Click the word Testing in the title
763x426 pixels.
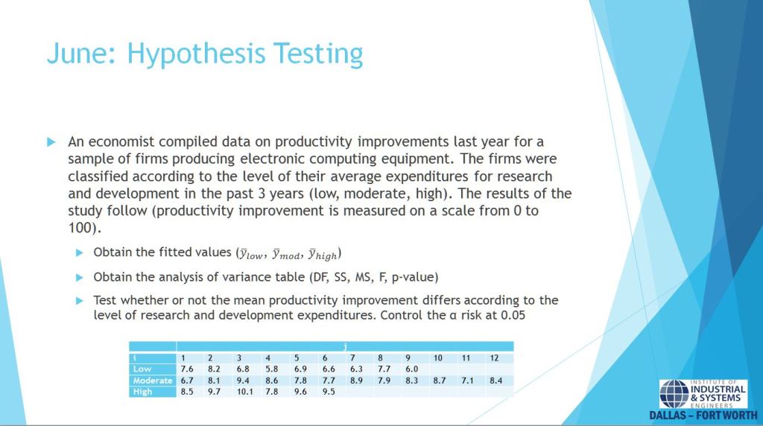click(317, 54)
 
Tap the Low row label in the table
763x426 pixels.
click(142, 369)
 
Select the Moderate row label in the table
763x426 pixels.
click(152, 381)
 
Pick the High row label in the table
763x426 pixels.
click(142, 392)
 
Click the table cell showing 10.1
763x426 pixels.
click(244, 392)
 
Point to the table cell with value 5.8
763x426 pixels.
click(271, 369)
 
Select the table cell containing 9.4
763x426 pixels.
click(243, 381)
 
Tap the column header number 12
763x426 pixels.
click(494, 358)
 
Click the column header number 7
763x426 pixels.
click(352, 358)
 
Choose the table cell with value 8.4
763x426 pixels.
click(496, 381)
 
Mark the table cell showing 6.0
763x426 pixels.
click(411, 369)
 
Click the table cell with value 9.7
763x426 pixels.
click(214, 392)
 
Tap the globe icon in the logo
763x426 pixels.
click(674, 394)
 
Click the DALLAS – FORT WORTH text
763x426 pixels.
click(703, 416)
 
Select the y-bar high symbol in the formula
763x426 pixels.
click(323, 255)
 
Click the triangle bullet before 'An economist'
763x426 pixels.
click(51, 142)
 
